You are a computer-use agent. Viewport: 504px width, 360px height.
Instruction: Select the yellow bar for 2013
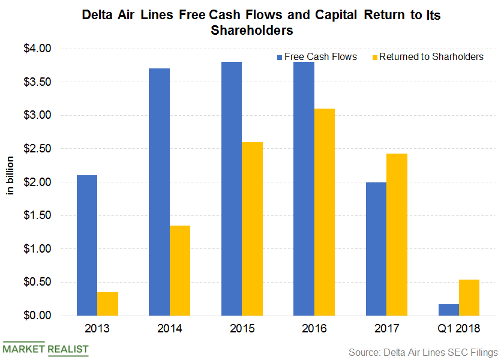point(107,304)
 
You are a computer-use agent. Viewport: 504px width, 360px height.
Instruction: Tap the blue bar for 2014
point(159,192)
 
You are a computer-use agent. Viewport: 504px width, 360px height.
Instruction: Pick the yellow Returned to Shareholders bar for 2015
point(252,229)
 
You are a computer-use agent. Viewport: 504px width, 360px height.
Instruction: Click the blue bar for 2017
point(376,248)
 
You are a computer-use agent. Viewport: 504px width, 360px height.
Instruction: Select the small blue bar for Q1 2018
point(448,310)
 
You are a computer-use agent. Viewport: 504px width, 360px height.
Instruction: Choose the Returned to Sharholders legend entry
point(427,57)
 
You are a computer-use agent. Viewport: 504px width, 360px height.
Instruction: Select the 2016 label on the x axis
point(314,329)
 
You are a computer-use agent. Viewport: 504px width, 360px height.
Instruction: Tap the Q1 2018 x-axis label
point(459,329)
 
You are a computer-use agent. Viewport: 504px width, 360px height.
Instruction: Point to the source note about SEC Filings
point(423,352)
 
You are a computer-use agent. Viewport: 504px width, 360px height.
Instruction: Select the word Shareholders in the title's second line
point(252,31)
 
